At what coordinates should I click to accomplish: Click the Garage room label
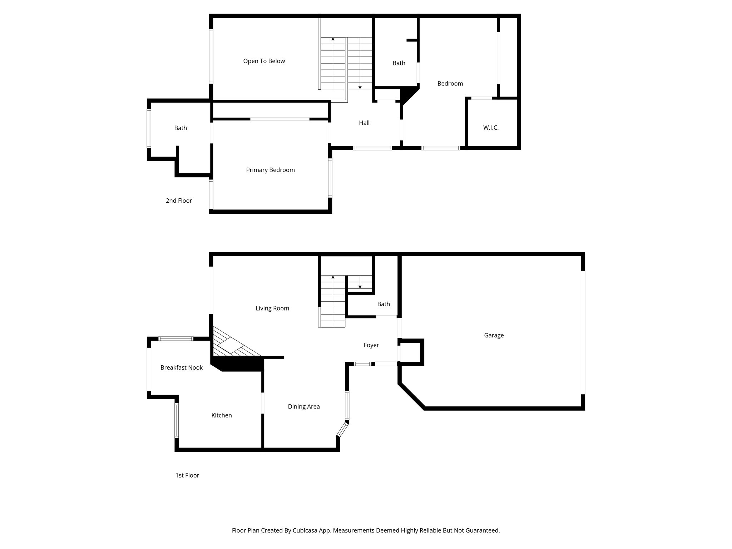[494, 335]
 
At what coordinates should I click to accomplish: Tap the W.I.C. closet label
[491, 128]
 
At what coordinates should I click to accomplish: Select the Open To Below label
[264, 61]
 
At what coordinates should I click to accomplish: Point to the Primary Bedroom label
[270, 170]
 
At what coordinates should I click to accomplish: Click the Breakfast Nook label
[181, 367]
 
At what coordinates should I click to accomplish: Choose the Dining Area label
[303, 406]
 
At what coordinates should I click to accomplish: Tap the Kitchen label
[221, 415]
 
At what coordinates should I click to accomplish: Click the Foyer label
[371, 345]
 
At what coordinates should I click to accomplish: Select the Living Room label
[272, 308]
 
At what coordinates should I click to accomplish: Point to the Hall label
[364, 123]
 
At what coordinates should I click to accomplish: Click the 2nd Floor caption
[179, 201]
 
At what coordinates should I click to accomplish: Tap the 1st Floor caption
[187, 475]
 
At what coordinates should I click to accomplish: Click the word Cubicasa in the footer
[305, 530]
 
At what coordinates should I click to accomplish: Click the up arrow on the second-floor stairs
[333, 39]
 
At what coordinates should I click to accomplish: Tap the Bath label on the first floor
[383, 304]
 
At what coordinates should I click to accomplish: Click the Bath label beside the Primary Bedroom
[180, 128]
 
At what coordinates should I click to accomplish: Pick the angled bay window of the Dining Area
[342, 430]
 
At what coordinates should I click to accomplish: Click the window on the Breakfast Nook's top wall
[176, 338]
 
